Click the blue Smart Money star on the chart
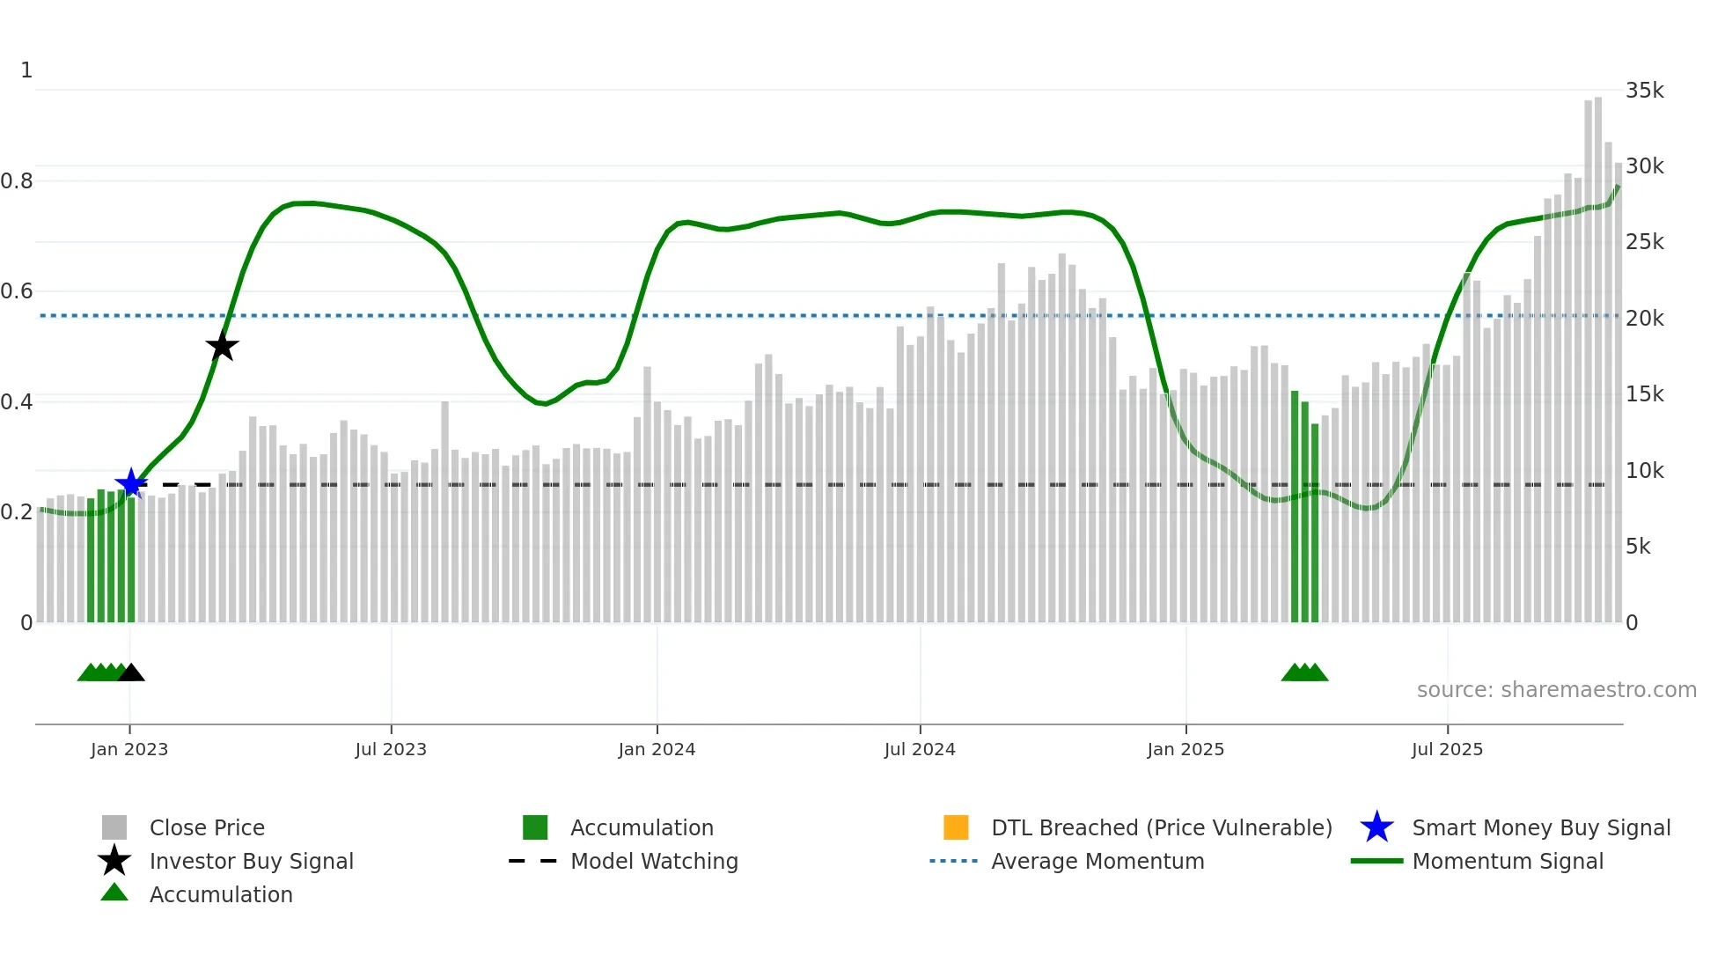(131, 483)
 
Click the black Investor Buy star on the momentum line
(222, 346)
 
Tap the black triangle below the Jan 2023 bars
(131, 673)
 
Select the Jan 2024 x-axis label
(657, 749)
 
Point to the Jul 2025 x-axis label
(1447, 749)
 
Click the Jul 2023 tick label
(391, 749)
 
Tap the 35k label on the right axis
(1644, 91)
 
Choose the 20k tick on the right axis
(1644, 319)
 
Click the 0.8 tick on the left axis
(17, 181)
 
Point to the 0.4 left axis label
(17, 402)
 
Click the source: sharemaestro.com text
(1556, 690)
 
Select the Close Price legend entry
(207, 827)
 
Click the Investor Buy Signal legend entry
(251, 861)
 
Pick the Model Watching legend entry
(654, 861)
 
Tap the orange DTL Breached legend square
(956, 827)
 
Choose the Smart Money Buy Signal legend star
(1376, 827)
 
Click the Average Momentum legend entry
(1097, 861)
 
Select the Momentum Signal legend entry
(1508, 861)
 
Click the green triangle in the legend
(114, 893)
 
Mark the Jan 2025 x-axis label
(1185, 749)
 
